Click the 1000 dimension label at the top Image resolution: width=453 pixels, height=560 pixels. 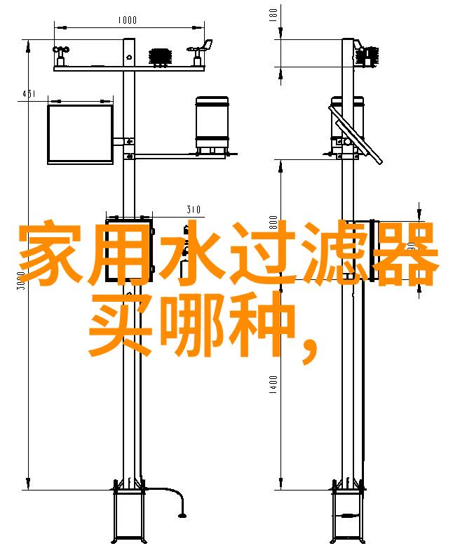(127, 20)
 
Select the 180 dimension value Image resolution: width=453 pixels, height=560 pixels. (273, 15)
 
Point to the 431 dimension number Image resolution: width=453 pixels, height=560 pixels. (29, 93)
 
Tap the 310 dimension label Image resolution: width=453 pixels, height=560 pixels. (194, 209)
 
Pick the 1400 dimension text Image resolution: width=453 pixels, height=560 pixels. (273, 385)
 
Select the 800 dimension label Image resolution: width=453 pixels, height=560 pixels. (273, 222)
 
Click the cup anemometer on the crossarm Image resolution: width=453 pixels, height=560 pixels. (61, 56)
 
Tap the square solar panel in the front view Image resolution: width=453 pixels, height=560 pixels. (81, 134)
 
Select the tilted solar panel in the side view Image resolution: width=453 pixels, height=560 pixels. (356, 133)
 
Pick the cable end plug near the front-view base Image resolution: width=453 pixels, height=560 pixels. (182, 515)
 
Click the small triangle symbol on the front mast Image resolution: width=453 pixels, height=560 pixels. (129, 57)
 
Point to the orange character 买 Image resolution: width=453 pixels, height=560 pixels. (121, 324)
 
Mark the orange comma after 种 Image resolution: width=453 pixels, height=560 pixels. (309, 351)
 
